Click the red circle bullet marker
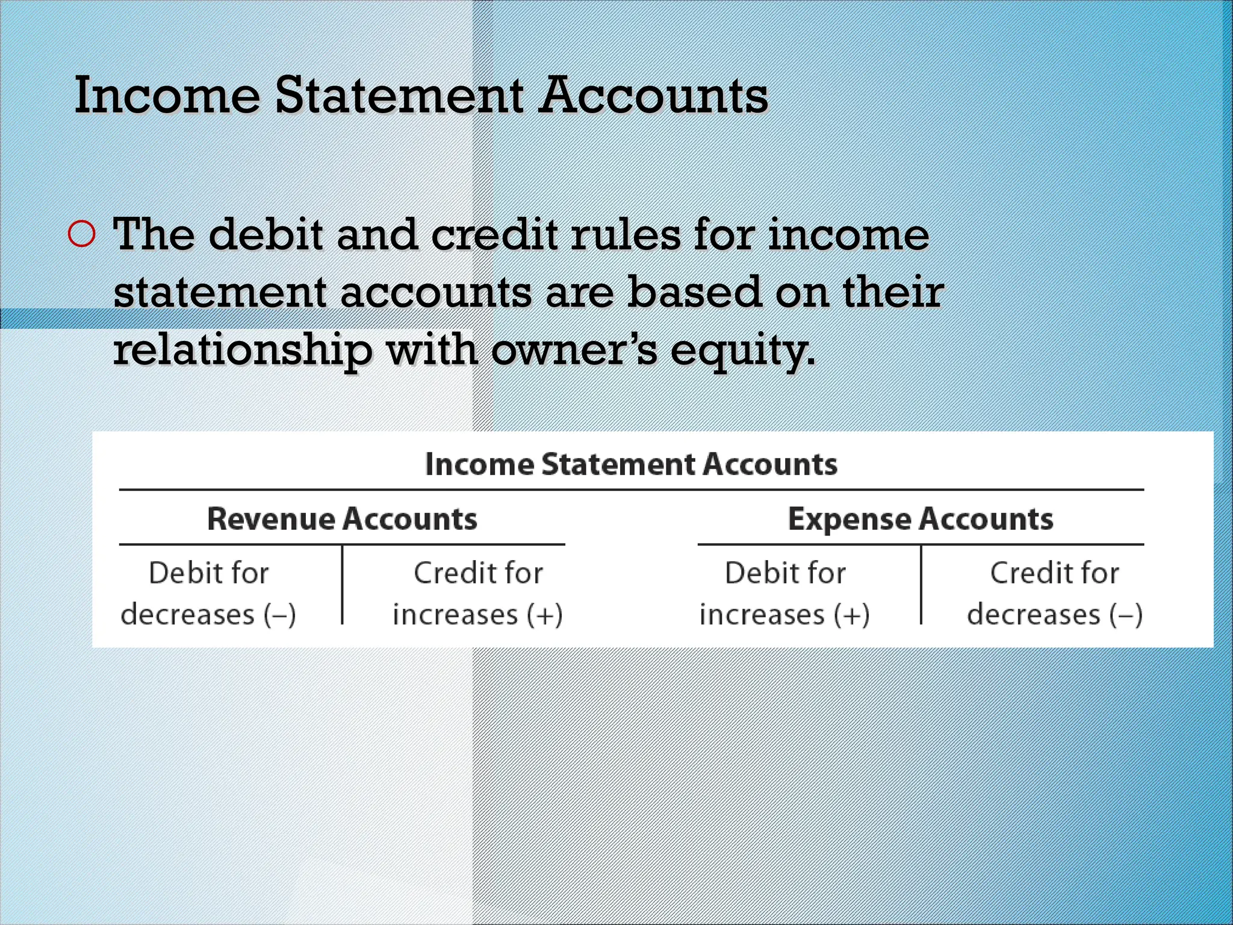coord(82,234)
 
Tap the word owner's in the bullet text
coord(574,350)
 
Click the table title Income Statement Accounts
coord(631,464)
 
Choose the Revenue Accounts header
coord(342,519)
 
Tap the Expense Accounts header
coord(921,519)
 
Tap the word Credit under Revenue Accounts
coord(446,573)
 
